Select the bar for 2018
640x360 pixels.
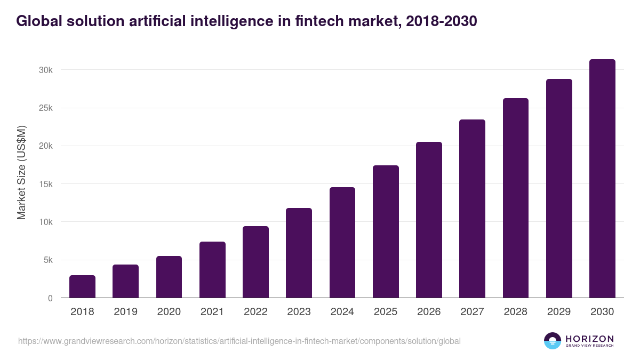click(x=82, y=286)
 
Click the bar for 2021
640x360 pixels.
click(x=212, y=270)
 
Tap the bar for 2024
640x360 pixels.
click(x=342, y=243)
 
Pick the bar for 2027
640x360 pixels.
click(x=473, y=209)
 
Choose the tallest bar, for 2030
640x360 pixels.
click(x=602, y=179)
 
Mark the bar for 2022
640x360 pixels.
click(x=255, y=262)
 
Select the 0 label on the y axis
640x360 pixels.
click(x=50, y=298)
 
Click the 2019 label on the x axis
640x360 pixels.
click(x=126, y=312)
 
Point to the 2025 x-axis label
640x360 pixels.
click(x=386, y=312)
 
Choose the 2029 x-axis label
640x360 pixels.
click(x=559, y=312)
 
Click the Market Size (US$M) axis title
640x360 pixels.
click(x=21, y=173)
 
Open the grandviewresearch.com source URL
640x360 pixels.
click(x=239, y=341)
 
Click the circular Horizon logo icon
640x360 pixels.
click(x=552, y=341)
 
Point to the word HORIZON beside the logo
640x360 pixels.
click(x=589, y=338)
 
